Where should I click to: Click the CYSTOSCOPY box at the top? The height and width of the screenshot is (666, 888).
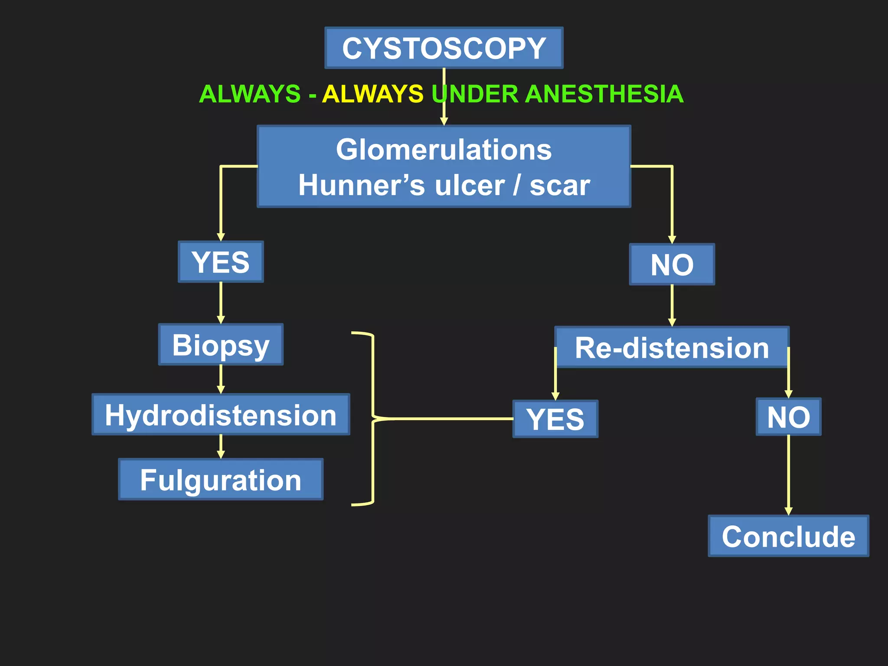point(444,48)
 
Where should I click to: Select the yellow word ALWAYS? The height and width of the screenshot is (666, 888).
point(373,94)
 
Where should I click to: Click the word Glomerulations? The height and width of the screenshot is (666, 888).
point(444,150)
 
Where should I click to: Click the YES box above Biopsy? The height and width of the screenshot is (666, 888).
point(221,262)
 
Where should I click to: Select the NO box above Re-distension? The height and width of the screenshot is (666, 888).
point(672,264)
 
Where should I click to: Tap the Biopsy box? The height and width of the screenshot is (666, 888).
point(221,345)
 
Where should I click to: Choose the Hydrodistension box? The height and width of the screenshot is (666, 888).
point(221,415)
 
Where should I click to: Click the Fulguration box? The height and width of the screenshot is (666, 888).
point(221,480)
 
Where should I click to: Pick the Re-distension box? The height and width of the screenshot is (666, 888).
point(672,348)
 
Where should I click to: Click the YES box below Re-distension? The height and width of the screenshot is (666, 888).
point(555,419)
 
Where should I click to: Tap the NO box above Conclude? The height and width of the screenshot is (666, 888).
point(788,417)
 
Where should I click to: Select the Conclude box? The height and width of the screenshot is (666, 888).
point(788,536)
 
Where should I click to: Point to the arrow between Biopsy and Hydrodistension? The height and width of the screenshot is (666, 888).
point(221,379)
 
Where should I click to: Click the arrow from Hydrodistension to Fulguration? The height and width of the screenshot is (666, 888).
point(221,447)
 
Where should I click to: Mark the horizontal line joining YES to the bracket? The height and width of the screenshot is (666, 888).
point(447,419)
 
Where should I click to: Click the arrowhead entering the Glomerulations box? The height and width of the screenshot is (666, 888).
point(444,121)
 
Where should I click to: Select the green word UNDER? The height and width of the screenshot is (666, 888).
point(475,94)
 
